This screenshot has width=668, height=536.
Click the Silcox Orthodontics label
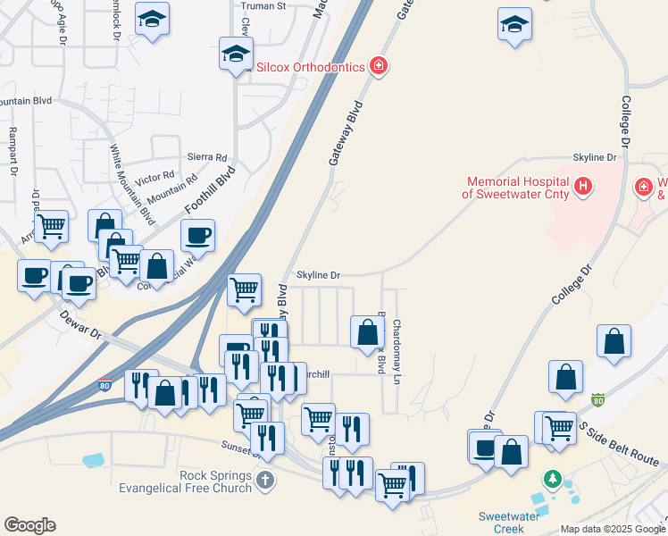pyautogui.click(x=311, y=67)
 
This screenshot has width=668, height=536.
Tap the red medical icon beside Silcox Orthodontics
pyautogui.click(x=380, y=66)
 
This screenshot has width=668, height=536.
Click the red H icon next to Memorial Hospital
pyautogui.click(x=582, y=186)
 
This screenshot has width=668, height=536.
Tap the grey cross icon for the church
pyautogui.click(x=264, y=482)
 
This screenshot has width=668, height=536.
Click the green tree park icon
pyautogui.click(x=553, y=481)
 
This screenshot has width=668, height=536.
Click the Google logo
pyautogui.click(x=29, y=525)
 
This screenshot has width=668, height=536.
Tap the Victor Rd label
pyautogui.click(x=155, y=176)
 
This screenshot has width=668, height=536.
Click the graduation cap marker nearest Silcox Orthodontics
pyautogui.click(x=236, y=54)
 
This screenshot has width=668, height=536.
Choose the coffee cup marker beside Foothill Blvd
pyautogui.click(x=197, y=236)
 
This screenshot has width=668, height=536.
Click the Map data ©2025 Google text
pyautogui.click(x=612, y=529)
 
